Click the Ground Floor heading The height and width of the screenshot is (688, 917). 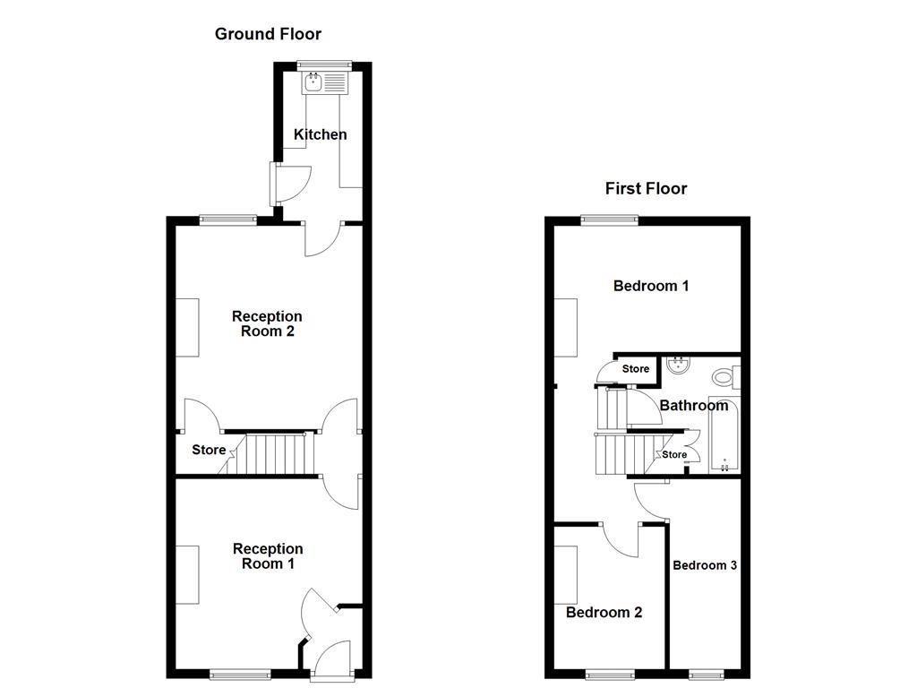tap(268, 34)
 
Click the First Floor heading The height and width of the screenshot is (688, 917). tap(646, 188)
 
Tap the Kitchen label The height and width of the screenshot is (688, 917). tap(321, 134)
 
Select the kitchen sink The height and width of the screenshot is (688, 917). tap(313, 83)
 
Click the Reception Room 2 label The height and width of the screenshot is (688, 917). tap(267, 323)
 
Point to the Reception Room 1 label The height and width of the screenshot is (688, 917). tap(268, 556)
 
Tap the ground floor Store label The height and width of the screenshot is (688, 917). tap(209, 450)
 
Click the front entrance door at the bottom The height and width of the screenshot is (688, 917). tap(332, 658)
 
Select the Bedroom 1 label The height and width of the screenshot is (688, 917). tap(651, 286)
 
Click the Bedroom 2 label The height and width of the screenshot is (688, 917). tap(604, 613)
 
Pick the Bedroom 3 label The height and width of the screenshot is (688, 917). tap(705, 565)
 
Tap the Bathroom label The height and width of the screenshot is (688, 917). tap(694, 405)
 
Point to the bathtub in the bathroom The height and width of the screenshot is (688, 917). tap(724, 434)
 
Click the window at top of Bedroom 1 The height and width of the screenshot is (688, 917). tap(609, 219)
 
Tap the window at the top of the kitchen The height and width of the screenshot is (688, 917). tap(324, 64)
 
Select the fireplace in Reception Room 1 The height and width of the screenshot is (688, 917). tap(187, 573)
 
